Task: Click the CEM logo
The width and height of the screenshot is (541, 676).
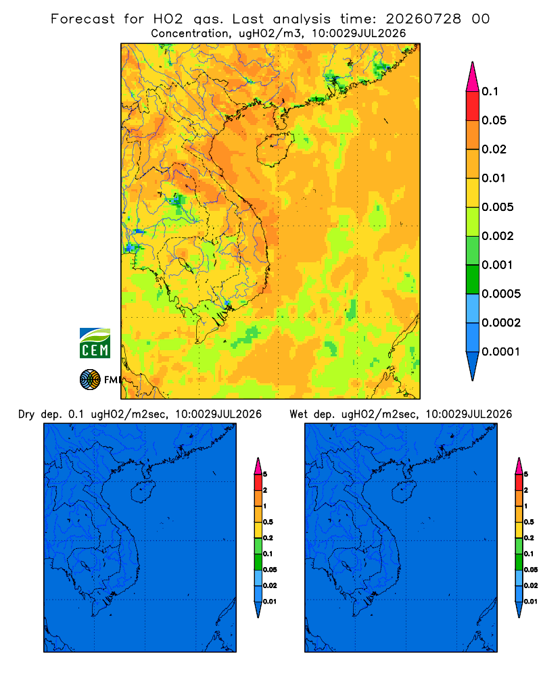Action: coord(95,343)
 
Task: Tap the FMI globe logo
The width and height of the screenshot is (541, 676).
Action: coord(90,379)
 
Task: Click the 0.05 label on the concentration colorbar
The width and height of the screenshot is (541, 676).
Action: coord(494,120)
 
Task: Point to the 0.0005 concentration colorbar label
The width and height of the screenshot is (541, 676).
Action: coord(501,294)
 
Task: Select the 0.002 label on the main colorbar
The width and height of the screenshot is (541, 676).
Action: coord(498,236)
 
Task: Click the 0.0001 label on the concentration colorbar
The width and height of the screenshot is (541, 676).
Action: coord(501,352)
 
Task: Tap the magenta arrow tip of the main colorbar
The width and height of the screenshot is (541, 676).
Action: coord(473,76)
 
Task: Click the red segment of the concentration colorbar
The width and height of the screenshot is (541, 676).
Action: coord(473,105)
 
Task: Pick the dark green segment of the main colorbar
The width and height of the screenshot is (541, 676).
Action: coord(473,279)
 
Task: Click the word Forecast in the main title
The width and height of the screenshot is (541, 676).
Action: coord(83,19)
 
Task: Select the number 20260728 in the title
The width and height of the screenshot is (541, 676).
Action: coord(423,19)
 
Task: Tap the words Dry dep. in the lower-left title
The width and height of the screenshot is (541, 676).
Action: coord(39,414)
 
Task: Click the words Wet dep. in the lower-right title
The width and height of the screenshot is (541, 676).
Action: coord(310,414)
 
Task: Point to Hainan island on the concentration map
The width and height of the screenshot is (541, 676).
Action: coord(275,150)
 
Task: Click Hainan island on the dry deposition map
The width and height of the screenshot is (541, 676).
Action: coord(143,491)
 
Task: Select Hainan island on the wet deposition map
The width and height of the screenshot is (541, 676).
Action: coord(404,491)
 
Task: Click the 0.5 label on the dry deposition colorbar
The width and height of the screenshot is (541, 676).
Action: coord(268,522)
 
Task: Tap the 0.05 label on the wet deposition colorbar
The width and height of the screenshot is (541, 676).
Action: coord(531,570)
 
